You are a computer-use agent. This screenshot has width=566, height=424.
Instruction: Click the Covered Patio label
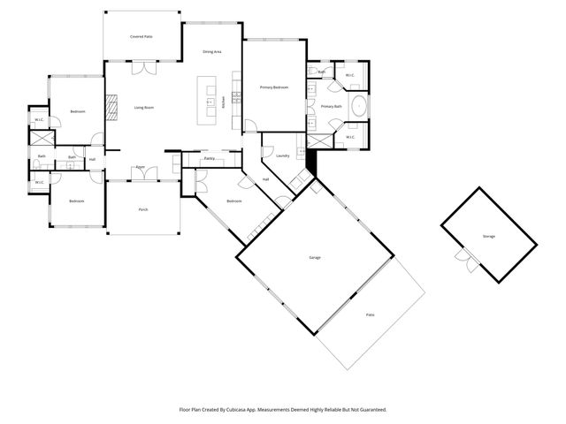141,37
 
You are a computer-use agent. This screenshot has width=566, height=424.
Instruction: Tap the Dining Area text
211,52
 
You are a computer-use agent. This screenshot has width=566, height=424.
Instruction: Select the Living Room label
144,108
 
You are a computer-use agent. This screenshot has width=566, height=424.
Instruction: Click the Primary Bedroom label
274,88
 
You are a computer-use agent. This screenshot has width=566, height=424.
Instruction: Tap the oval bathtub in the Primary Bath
359,107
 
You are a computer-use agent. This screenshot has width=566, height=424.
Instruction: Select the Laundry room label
283,156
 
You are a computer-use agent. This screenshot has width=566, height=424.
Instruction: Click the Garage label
314,257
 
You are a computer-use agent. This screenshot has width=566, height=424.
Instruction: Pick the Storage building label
489,236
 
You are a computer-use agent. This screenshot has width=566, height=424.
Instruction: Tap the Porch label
142,209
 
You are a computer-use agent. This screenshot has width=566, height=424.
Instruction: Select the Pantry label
210,158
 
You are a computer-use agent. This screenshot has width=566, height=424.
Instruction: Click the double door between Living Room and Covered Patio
141,68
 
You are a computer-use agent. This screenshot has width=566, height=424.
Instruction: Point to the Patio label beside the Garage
370,314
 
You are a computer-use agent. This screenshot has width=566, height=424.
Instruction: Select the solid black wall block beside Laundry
310,162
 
